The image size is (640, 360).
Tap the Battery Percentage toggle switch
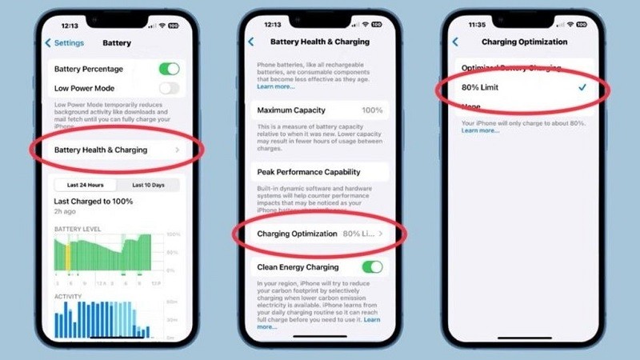[x=169, y=69]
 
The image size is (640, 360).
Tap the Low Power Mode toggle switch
[x=169, y=88]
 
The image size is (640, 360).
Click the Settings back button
[x=64, y=42]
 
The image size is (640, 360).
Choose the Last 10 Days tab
[x=148, y=185]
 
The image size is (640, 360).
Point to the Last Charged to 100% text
[x=93, y=202]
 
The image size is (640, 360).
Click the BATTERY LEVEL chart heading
[x=78, y=229]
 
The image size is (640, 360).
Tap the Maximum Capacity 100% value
[x=372, y=110]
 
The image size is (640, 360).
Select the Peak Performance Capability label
[x=309, y=172]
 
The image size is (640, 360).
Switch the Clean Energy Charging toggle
[x=372, y=266]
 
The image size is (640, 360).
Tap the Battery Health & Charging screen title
[x=319, y=42]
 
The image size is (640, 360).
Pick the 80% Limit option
[x=481, y=86]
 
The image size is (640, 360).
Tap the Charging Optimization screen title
[x=525, y=42]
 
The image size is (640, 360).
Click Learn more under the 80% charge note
[x=480, y=130]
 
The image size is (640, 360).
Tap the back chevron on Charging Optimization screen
[x=456, y=42]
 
